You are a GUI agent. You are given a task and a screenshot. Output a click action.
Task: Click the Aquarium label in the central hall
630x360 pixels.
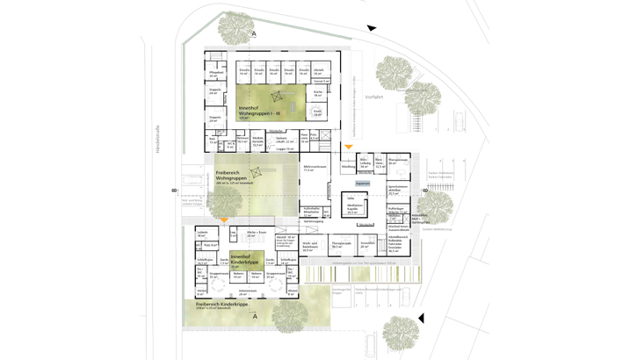click(363, 184)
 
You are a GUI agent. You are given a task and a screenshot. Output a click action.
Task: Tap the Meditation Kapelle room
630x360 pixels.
click(353, 207)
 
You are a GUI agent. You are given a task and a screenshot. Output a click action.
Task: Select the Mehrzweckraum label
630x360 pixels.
click(314, 169)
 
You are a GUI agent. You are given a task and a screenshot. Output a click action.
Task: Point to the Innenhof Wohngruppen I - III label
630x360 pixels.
click(259, 111)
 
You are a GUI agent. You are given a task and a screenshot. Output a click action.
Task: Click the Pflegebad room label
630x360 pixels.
click(214, 76)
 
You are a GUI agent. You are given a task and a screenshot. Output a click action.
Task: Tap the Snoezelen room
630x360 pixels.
click(366, 245)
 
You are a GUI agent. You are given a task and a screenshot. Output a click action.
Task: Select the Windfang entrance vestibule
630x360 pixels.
click(348, 165)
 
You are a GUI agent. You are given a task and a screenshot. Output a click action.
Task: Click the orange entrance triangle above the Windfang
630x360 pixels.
click(348, 147)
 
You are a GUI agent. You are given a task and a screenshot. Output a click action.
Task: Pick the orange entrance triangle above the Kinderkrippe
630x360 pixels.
click(225, 220)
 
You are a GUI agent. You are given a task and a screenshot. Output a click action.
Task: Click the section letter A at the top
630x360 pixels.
click(255, 34)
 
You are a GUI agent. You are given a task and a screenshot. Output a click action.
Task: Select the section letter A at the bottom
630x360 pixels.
click(255, 316)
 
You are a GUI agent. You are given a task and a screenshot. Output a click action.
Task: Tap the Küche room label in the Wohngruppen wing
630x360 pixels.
click(317, 93)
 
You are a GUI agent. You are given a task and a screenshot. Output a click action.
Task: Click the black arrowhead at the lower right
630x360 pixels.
click(421, 318)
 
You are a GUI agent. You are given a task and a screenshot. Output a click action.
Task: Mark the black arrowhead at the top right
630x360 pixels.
click(372, 28)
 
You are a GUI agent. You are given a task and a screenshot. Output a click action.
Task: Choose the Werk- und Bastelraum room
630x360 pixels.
click(310, 247)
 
